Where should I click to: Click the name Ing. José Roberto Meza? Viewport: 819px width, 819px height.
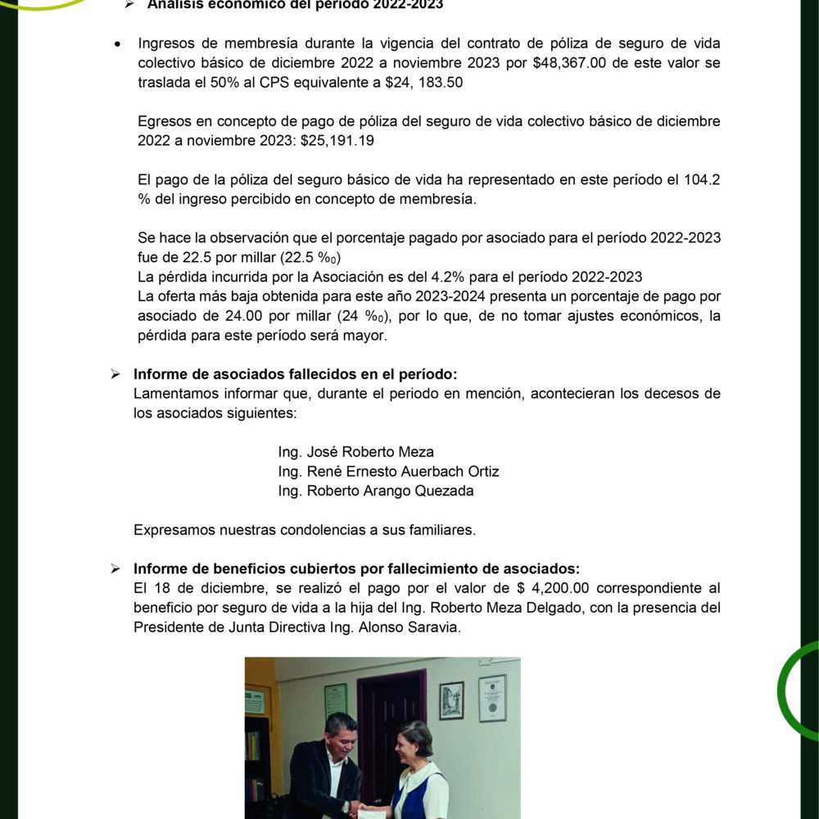(x=356, y=452)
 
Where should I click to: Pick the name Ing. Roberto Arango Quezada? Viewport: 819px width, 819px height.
(x=376, y=491)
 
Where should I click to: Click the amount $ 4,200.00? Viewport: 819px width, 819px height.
(x=560, y=588)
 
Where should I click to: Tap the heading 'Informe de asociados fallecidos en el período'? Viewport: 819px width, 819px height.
(x=295, y=374)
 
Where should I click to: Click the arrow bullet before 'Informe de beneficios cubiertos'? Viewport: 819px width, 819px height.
(x=115, y=569)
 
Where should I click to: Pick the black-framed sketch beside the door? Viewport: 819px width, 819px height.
(x=451, y=700)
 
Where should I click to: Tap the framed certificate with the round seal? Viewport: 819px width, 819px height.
(x=492, y=698)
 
